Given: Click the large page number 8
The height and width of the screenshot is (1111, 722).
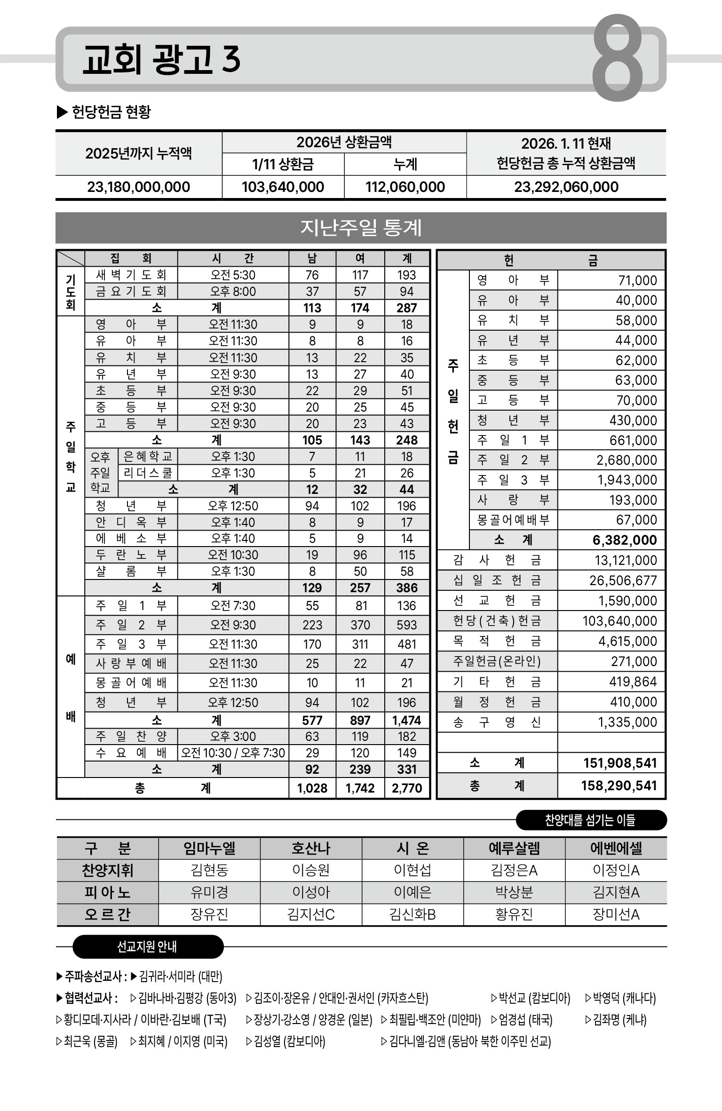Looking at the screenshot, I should click(617, 58).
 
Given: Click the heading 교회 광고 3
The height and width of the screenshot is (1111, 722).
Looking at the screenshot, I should click(161, 60).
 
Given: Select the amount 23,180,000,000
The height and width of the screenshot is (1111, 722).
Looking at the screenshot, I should click(139, 187).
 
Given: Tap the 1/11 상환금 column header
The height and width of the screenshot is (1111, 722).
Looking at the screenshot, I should click(283, 165).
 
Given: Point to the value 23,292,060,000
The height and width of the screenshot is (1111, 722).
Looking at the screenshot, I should click(566, 187).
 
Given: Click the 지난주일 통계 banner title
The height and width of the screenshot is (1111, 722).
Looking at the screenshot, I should click(361, 228).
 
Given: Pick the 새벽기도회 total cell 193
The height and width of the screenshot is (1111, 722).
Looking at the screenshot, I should click(406, 275).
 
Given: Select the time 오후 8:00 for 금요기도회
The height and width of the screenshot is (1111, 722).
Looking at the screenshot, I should click(233, 292).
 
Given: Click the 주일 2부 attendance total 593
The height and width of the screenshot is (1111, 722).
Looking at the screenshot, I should click(406, 625).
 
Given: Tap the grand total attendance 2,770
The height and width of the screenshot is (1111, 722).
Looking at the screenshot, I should click(406, 788).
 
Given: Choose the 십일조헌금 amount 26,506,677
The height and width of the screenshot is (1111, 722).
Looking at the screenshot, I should click(623, 580).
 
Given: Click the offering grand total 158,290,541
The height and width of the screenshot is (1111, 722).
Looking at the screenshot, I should click(619, 786).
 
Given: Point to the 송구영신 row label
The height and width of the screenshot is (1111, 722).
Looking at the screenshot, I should click(497, 722).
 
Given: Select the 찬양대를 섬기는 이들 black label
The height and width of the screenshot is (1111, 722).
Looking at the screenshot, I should click(591, 820).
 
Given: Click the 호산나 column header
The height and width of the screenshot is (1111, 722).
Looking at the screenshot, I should click(311, 848).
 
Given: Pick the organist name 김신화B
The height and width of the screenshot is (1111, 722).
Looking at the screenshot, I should click(413, 914).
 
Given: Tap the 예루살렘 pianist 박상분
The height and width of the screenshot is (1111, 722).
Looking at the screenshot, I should click(514, 892).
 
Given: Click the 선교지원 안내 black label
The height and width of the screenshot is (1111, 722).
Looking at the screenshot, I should click(148, 947).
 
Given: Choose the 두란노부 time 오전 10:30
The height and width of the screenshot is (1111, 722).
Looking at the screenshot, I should click(233, 555).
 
